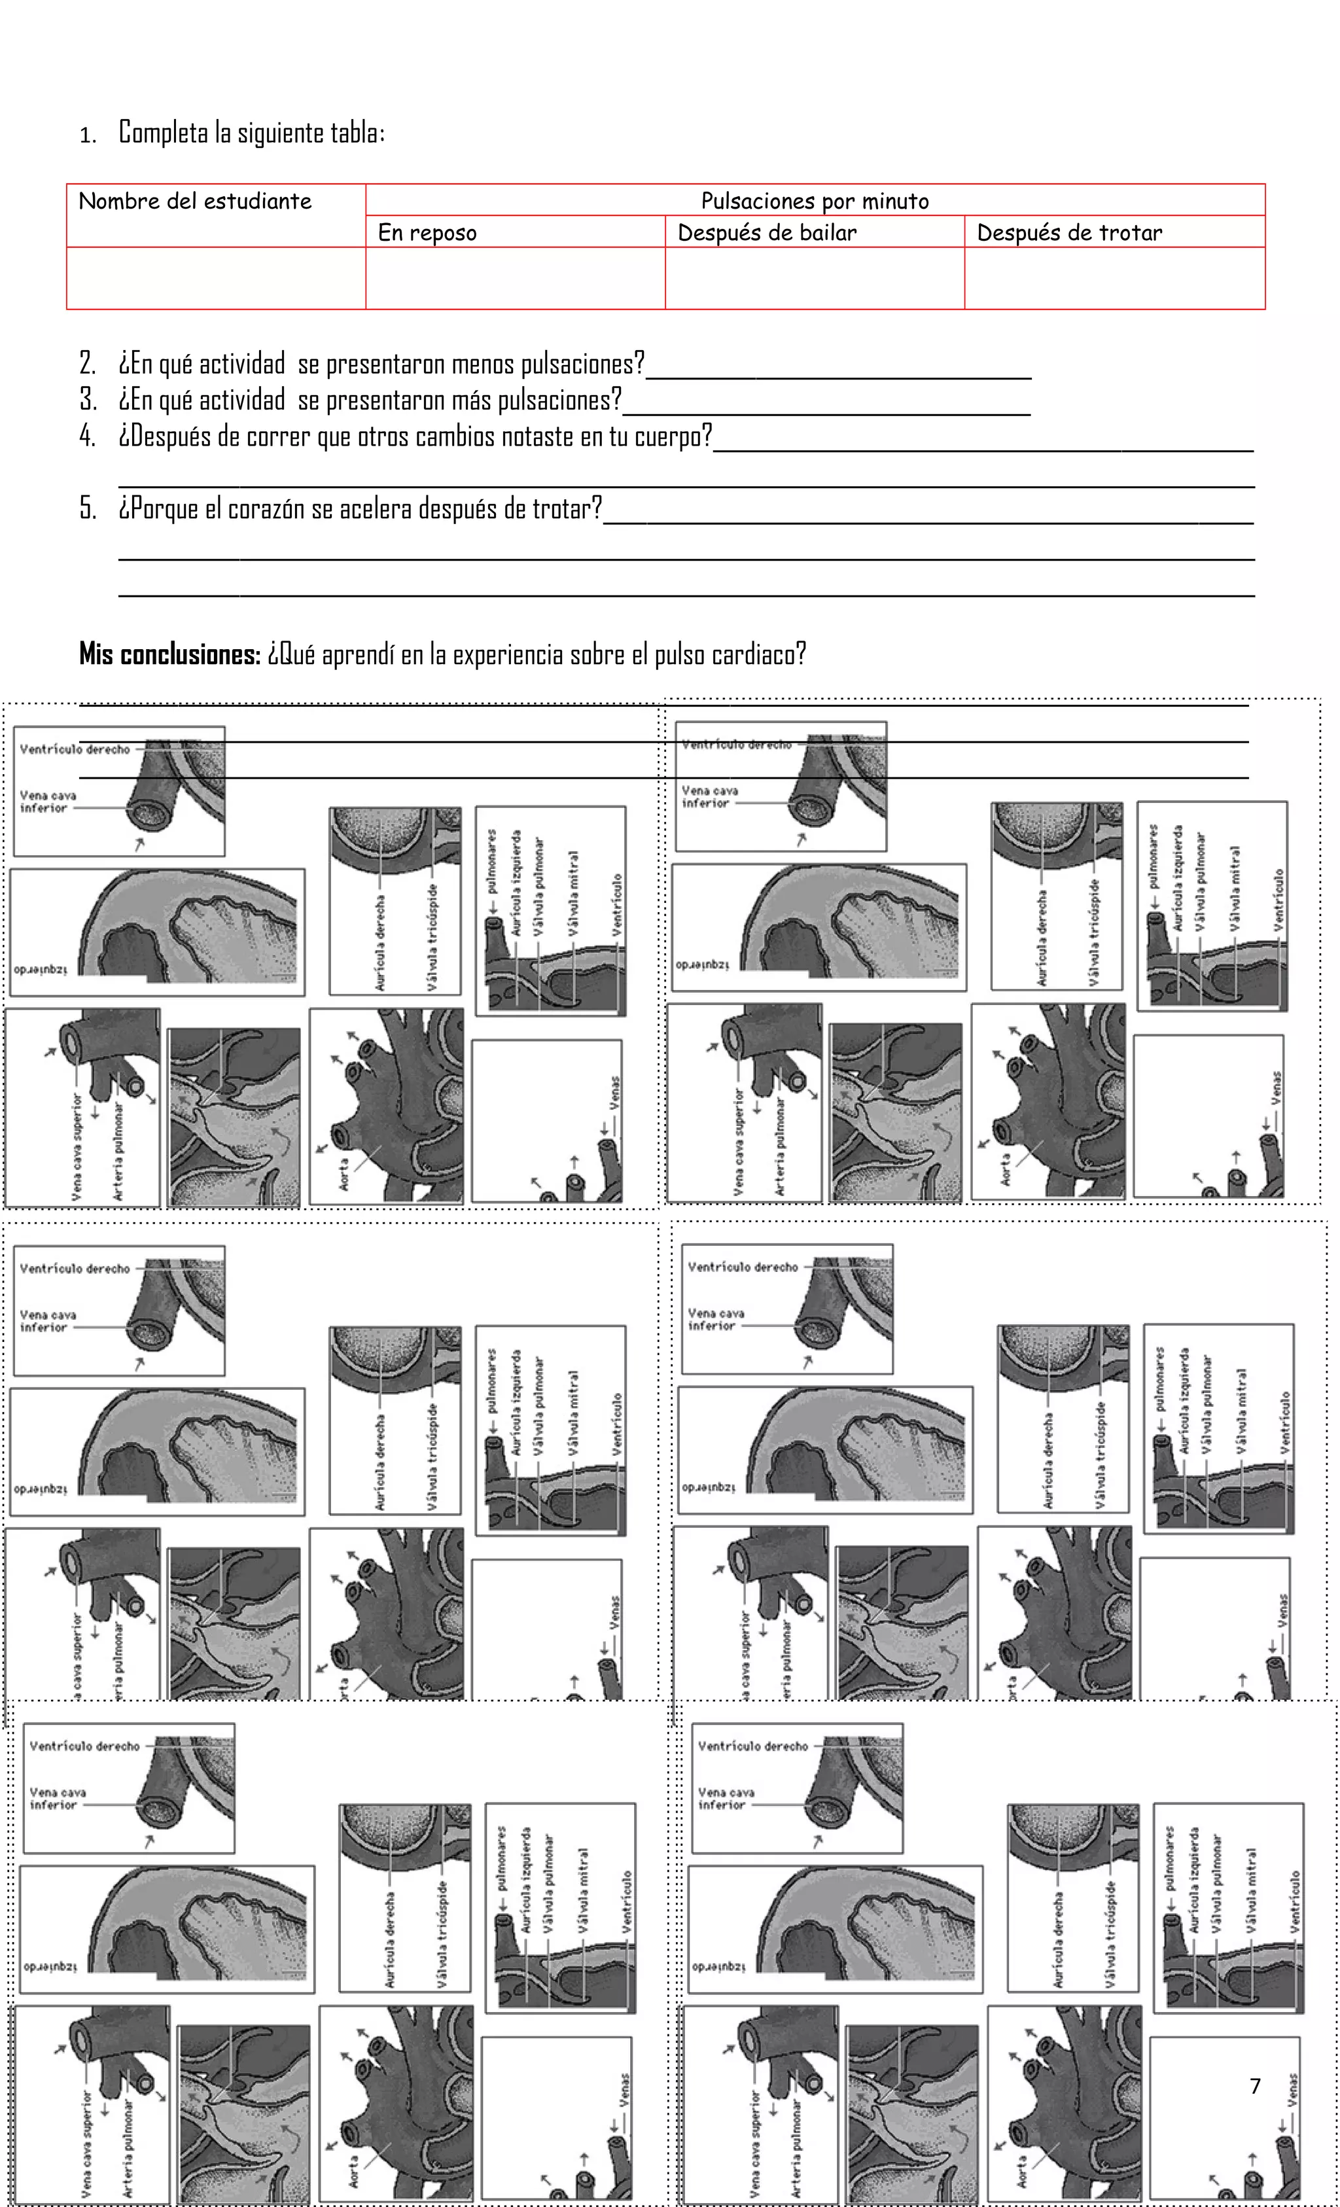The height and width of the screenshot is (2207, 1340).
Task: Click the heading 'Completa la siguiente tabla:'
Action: pos(252,133)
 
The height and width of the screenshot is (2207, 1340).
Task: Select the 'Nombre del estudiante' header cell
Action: pos(194,201)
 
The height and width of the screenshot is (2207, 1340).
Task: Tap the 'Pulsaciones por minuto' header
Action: pos(814,201)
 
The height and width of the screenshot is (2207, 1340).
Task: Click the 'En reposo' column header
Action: pos(427,233)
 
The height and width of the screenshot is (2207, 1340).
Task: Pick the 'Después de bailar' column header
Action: pos(767,233)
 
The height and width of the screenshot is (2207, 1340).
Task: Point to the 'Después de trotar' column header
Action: pos(1070,233)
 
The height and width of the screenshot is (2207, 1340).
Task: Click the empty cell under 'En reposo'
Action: pos(515,279)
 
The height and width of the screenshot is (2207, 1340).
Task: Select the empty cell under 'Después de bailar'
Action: pos(814,279)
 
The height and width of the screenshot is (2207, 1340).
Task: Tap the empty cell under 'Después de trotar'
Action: pos(1114,279)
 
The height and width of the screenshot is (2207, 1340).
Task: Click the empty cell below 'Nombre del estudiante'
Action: pos(216,279)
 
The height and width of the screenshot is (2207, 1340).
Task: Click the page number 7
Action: pos(1255,2086)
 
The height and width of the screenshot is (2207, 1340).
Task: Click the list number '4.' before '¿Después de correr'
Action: pos(88,437)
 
